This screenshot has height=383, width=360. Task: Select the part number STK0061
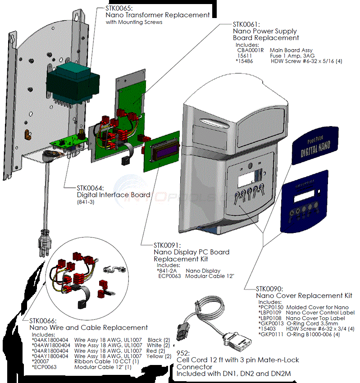tap(246, 24)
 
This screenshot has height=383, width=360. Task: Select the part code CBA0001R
tap(250, 50)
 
